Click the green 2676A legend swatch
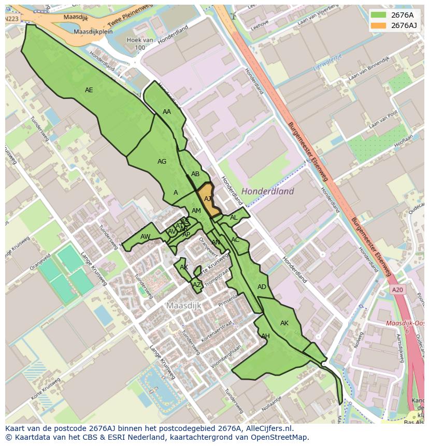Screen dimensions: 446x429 coord(379,15)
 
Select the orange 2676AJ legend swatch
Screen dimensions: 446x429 coord(379,25)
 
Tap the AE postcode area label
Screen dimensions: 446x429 coord(89,90)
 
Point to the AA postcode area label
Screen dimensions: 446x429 coord(167,112)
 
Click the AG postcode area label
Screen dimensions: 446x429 coord(162,162)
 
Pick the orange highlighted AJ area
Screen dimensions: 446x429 coord(208,199)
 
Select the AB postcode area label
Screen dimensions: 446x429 coord(195,174)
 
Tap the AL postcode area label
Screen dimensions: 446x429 coord(234,218)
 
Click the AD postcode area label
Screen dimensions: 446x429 coord(262,287)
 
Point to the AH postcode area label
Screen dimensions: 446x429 coord(265,336)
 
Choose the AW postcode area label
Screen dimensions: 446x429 coord(145,237)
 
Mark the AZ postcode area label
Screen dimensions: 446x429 coord(197,285)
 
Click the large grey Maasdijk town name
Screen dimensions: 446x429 coord(183,306)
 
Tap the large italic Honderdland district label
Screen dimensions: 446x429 coord(268,191)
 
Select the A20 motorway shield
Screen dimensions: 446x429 coord(397,290)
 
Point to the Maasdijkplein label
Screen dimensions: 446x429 coord(93,32)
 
